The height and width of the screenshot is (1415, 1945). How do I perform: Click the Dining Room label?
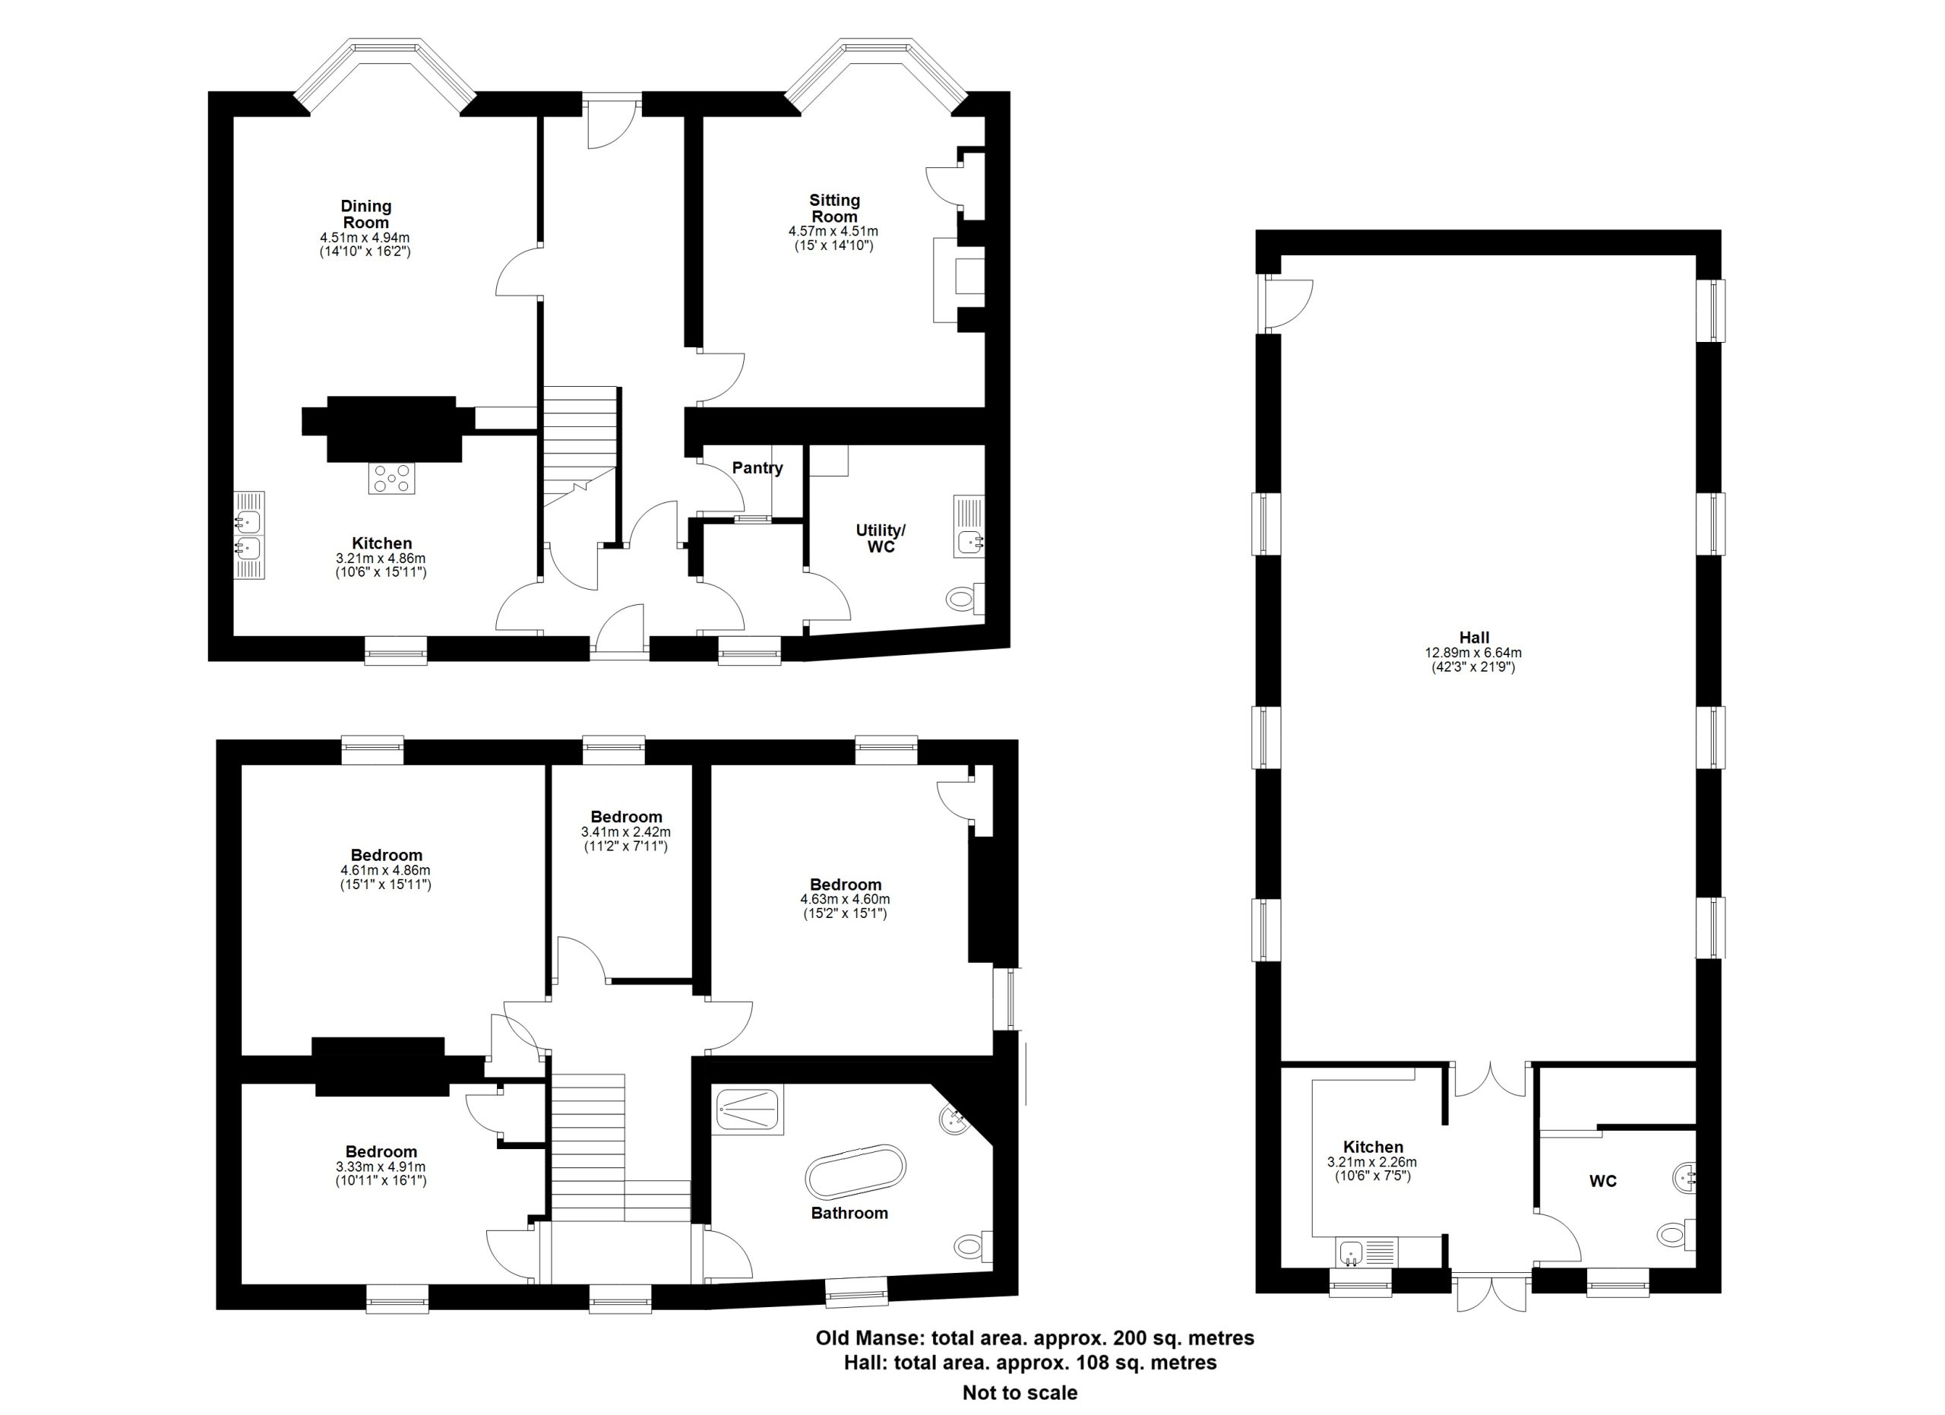(366, 214)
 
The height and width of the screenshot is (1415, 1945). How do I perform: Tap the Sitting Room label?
(834, 208)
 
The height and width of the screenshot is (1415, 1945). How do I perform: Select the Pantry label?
(757, 468)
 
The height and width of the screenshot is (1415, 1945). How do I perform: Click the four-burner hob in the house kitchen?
(392, 478)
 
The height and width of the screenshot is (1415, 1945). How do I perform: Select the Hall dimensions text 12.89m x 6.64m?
(1474, 653)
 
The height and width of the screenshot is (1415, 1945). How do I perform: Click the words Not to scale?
(1020, 1393)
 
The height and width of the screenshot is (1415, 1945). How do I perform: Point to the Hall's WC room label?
(1603, 1181)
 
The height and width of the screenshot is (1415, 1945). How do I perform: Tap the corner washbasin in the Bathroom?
(955, 1120)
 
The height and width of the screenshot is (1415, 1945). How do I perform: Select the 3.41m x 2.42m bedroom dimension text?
(626, 832)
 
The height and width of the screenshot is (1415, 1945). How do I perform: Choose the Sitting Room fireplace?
(958, 280)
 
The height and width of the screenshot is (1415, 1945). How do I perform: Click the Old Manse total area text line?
(1034, 1337)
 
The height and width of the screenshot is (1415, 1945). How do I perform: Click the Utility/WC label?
(881, 539)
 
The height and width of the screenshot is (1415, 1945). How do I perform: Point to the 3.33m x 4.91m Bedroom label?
(381, 1152)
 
